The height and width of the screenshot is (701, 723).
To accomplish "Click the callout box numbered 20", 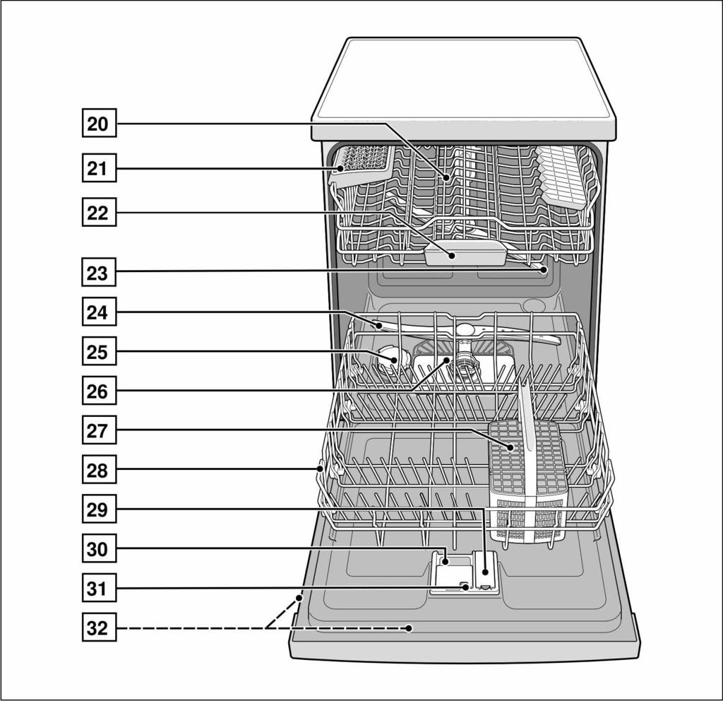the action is (x=99, y=123).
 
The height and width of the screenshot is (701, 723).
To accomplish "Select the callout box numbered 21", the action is (x=99, y=168).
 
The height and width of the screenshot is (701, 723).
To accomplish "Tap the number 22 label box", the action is (x=99, y=212).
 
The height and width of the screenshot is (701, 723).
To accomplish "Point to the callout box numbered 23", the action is (x=99, y=272).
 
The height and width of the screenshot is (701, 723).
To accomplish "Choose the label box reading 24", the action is (x=99, y=312).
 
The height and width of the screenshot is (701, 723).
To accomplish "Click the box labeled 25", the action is (x=99, y=351).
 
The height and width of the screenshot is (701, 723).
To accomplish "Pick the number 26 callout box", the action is (x=99, y=390).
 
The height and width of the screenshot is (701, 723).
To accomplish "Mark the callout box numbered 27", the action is (x=99, y=430).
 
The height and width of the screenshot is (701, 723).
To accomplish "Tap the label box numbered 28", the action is (x=99, y=469).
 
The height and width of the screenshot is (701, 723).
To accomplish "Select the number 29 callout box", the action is (x=99, y=509).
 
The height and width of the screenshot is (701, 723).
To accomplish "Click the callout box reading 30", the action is (x=99, y=548).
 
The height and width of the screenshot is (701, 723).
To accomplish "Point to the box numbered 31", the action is (x=99, y=588).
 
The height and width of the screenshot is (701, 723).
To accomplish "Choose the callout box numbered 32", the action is (x=99, y=628).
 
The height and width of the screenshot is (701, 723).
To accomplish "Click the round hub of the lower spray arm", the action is (x=465, y=329).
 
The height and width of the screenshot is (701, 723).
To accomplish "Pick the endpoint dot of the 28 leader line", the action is (x=320, y=469).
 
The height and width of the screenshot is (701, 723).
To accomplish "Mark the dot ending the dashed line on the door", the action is (x=409, y=628).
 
